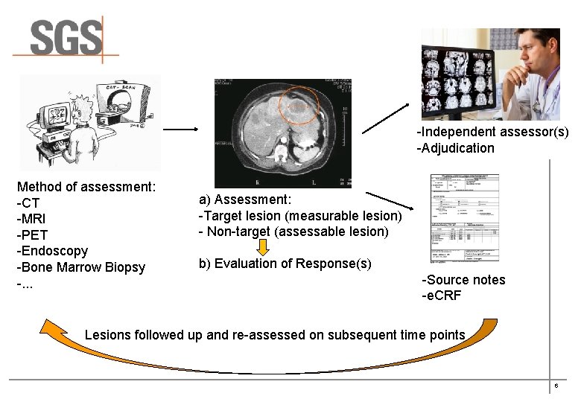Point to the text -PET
point(32,235)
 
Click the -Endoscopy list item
point(52,252)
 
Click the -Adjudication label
point(455,148)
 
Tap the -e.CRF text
point(442,296)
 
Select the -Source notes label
point(463,280)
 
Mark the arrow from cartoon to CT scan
point(180,129)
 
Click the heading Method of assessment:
point(86,187)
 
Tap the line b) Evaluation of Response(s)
point(285,264)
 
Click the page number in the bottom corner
point(556,386)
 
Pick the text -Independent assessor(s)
point(492,132)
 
